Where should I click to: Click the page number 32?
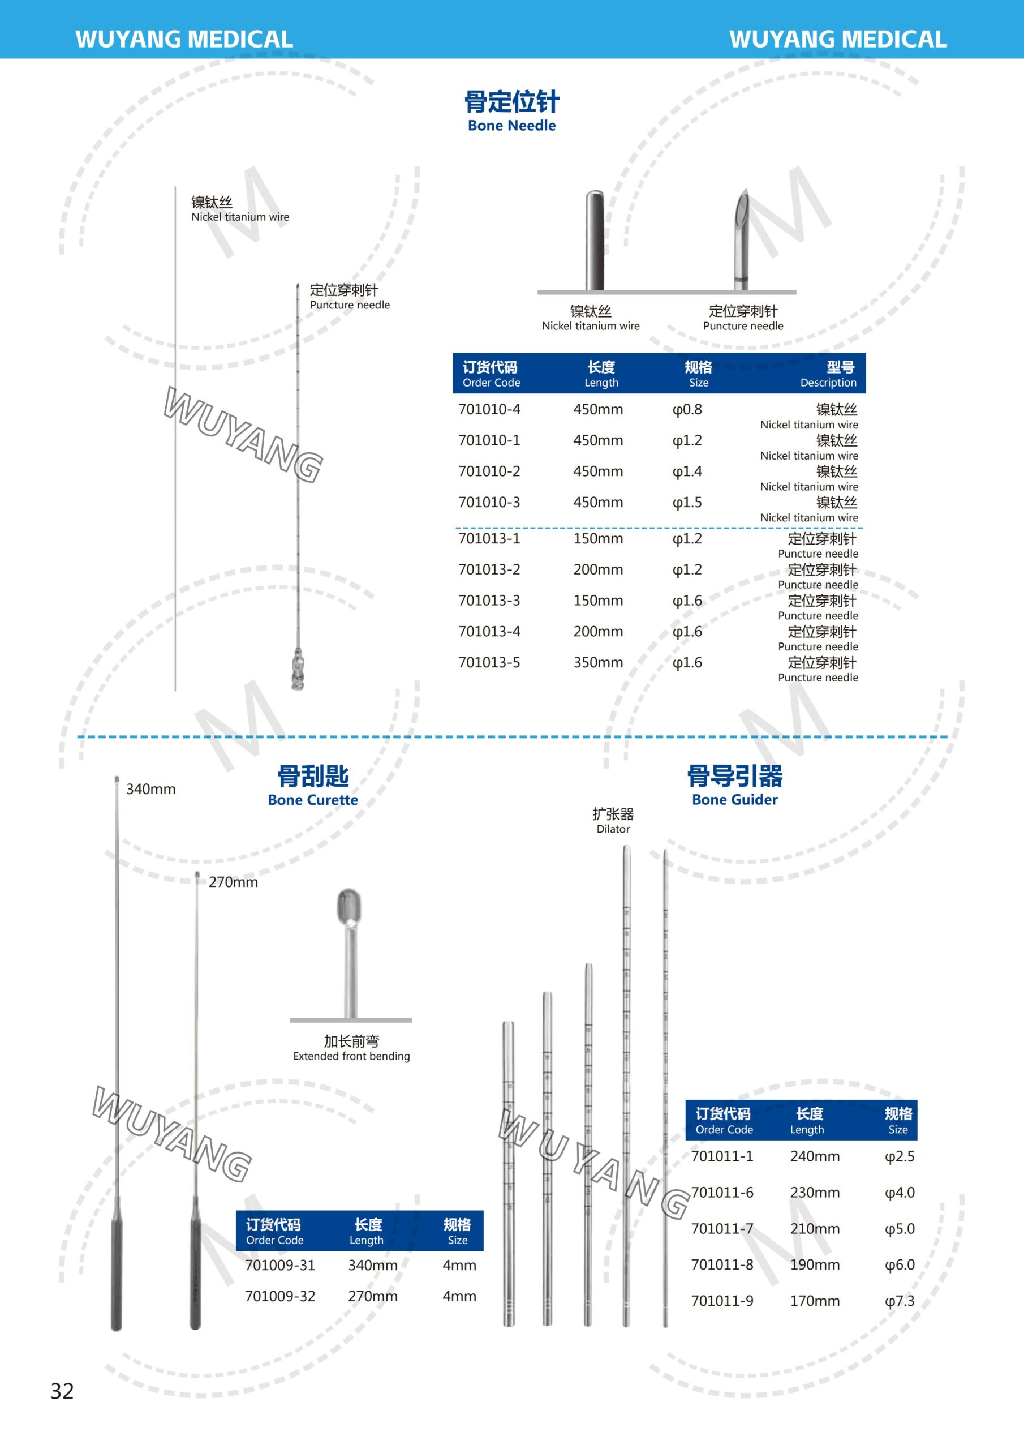pyautogui.click(x=62, y=1391)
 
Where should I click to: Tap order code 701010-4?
pyautogui.click(x=489, y=409)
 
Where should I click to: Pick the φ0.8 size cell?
pyautogui.click(x=687, y=410)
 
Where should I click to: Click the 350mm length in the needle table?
pyautogui.click(x=597, y=662)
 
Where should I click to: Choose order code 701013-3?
pyautogui.click(x=489, y=600)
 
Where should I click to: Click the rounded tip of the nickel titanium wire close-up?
pyautogui.click(x=595, y=194)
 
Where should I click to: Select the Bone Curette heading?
pyautogui.click(x=313, y=785)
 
